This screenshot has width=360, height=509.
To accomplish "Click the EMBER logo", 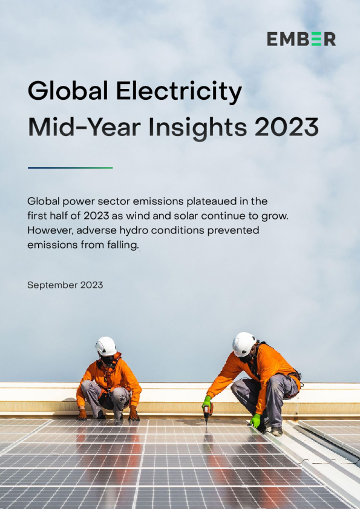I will tap(301, 39).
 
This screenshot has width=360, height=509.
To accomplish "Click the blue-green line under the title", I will tap(70, 167).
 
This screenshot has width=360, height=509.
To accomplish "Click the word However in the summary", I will tap(51, 230).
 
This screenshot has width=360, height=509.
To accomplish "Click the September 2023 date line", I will tap(65, 285).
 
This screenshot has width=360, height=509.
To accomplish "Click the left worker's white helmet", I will tap(106, 346).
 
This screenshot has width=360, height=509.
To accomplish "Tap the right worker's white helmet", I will tap(244, 344).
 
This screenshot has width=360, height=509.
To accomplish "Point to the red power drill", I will tap(208, 413).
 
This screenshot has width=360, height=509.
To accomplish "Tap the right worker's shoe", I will tap(277, 431).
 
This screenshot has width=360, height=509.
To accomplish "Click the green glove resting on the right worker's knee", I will tap(255, 420).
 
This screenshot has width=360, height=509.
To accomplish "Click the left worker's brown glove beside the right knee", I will tap(134, 414).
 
